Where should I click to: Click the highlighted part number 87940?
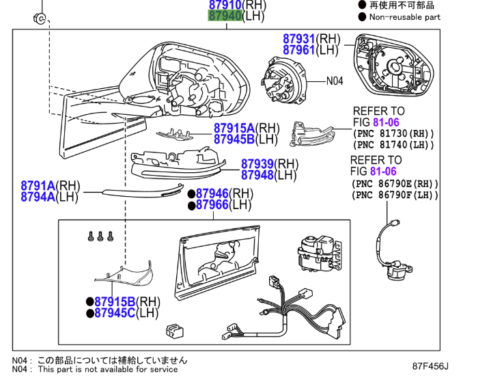pos(225,15)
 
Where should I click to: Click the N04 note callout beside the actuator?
pos(334,81)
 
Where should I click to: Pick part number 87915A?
pos(234,128)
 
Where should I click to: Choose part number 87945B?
pos(234,139)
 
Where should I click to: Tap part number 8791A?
pos(38,185)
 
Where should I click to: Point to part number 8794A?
pos(38,196)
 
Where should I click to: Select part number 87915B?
pos(115,301)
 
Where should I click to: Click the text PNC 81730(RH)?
pos(393,134)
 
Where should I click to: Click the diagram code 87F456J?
pos(434,366)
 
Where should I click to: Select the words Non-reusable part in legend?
pos(405,17)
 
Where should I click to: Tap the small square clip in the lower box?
pos(176,330)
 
